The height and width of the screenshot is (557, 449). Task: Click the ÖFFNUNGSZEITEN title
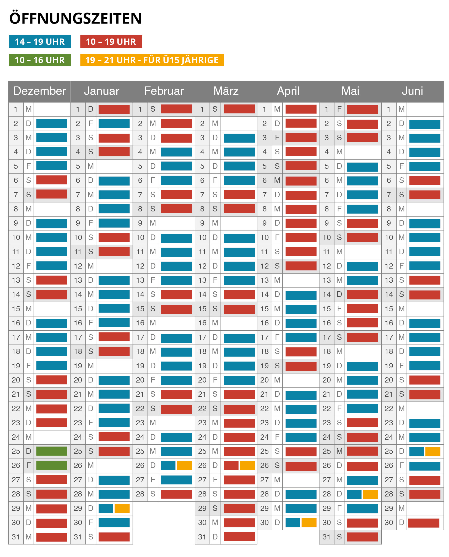pos(75,18)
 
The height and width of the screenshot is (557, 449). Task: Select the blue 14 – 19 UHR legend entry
pos(40,42)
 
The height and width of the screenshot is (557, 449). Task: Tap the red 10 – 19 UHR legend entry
pos(111,42)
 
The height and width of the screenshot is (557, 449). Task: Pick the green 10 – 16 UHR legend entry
pos(40,60)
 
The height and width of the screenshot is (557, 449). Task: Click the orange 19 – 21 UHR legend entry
pos(152,60)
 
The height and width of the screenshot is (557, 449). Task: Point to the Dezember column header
pos(39,91)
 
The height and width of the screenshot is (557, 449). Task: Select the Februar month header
pos(164,91)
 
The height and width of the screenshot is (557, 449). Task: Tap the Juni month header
pos(412,91)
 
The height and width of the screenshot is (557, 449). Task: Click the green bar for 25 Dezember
pos(52,451)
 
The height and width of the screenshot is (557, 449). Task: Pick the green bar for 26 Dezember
pos(52,465)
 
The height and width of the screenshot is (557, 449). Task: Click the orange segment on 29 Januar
pos(122,508)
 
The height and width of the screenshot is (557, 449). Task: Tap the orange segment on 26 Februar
pos(184,465)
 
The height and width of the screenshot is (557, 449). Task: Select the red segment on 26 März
pos(231,465)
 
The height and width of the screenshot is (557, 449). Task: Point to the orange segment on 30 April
pos(309,523)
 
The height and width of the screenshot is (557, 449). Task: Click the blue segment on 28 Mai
pos(354,494)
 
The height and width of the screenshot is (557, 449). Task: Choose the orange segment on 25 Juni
pos(433,451)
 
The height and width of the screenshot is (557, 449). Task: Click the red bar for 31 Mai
pos(363,537)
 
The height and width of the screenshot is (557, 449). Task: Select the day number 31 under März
pos(202,537)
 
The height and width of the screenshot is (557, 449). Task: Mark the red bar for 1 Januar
pos(114,110)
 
